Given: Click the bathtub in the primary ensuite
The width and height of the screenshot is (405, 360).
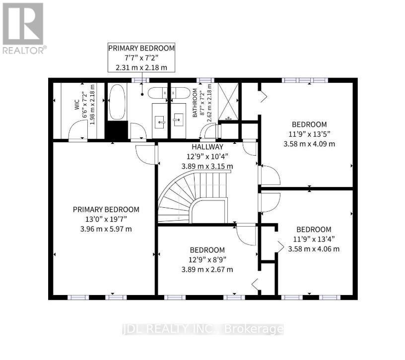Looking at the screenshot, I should tap(117, 102).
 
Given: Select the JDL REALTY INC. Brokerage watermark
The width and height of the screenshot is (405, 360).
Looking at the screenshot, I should tap(203, 329).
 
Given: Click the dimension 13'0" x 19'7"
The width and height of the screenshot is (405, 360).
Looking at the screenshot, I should tap(105, 219).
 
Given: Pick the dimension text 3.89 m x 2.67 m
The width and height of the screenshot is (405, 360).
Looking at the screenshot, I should tap(207, 269).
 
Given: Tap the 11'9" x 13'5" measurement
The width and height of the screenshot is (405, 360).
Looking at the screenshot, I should tap(309, 134).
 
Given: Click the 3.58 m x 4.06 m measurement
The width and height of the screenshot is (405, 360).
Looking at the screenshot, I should tap(314, 249).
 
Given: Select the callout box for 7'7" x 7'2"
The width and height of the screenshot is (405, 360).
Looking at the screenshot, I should tap(141, 58).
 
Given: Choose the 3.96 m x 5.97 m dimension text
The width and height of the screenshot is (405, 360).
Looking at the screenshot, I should tap(105, 229).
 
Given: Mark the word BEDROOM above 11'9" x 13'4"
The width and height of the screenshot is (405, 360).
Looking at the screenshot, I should tap(314, 229).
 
